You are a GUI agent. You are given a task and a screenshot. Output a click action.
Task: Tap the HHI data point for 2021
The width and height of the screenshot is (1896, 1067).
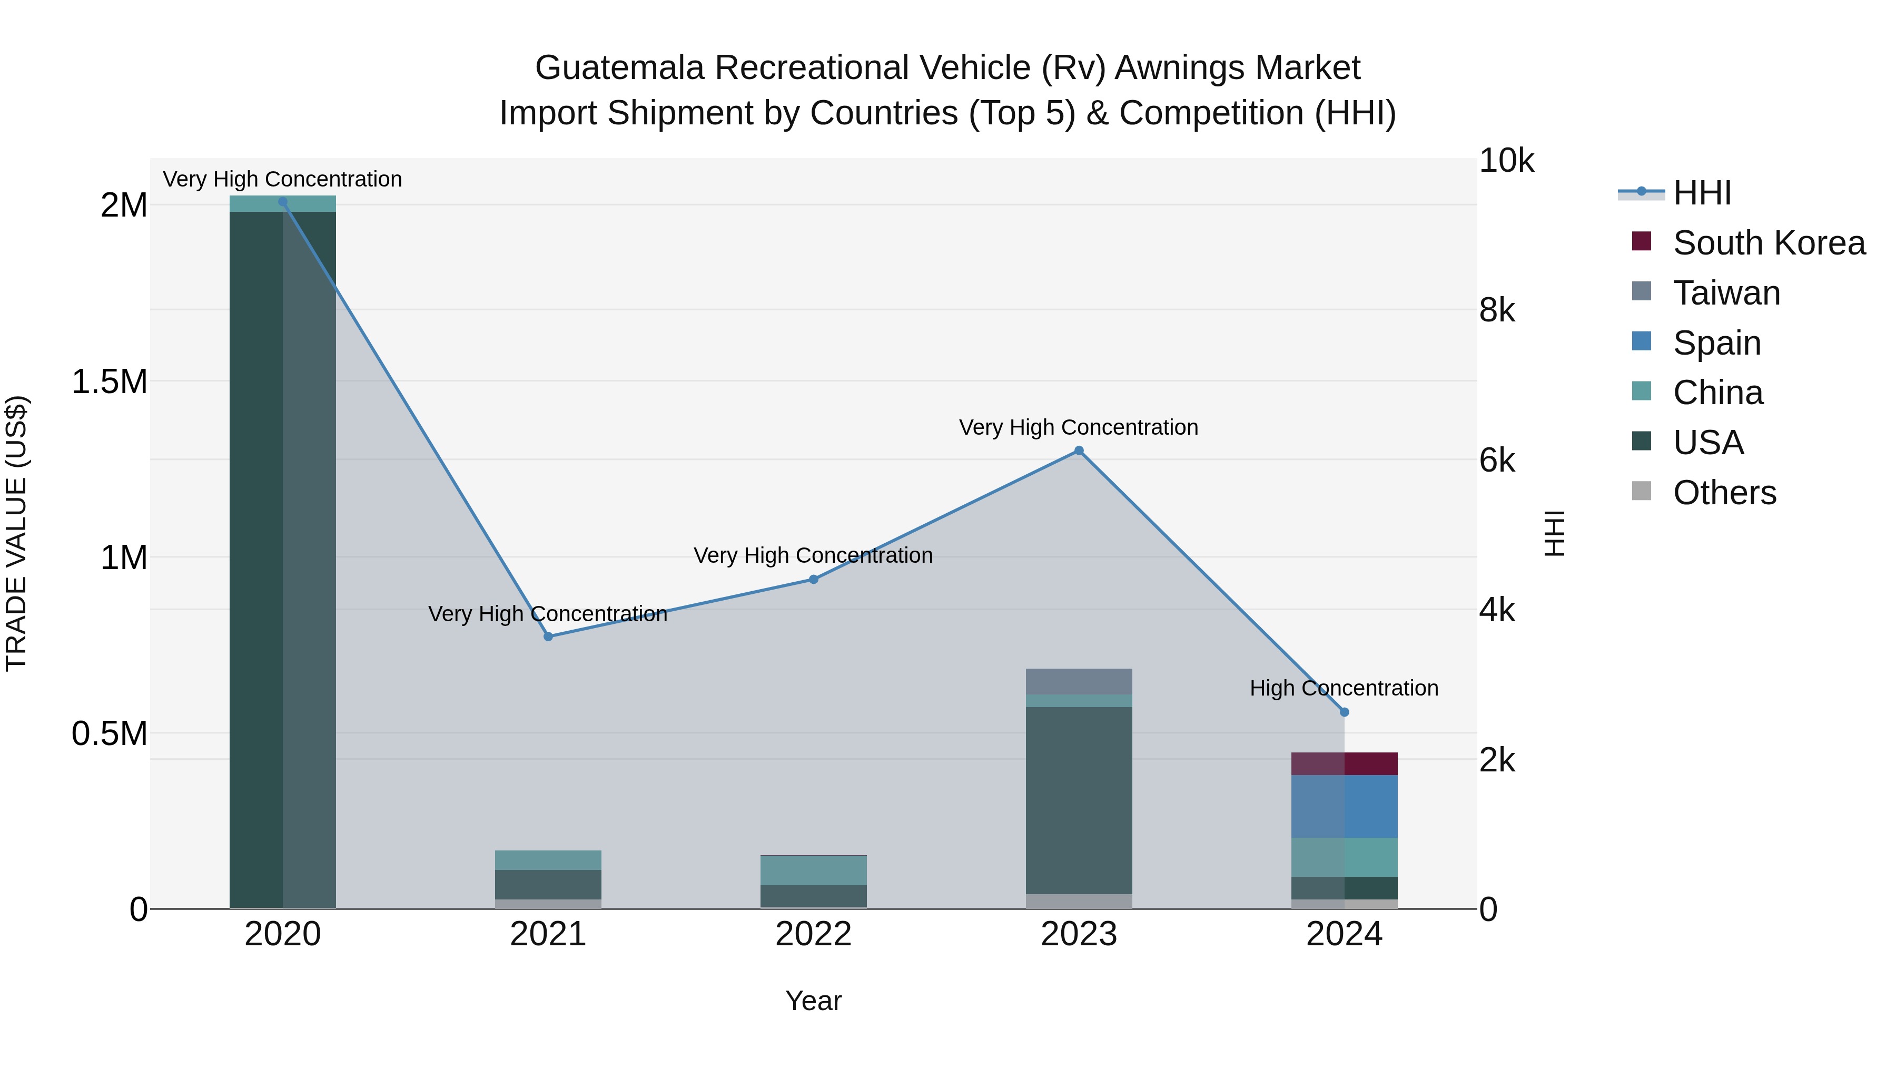548,636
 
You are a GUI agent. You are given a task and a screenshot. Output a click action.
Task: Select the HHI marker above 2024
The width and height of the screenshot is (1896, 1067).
1344,712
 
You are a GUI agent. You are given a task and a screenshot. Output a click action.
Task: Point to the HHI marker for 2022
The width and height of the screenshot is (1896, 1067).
813,580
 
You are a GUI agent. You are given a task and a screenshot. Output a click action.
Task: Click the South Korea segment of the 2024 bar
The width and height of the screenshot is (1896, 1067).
1344,763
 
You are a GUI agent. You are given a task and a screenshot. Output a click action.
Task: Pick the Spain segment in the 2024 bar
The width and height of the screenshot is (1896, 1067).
1344,806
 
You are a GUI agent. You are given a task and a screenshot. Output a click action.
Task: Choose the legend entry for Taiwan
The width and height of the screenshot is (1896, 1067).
1726,293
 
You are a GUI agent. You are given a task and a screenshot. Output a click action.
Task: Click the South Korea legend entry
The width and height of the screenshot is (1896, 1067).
1768,243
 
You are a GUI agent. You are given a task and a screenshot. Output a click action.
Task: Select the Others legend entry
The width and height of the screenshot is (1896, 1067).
1724,493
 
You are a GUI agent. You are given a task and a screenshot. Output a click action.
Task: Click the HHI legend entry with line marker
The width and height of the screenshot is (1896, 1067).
1701,193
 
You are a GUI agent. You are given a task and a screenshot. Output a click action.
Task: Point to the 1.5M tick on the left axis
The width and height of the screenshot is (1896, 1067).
109,382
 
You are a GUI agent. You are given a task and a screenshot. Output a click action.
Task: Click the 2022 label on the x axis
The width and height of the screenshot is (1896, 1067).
813,934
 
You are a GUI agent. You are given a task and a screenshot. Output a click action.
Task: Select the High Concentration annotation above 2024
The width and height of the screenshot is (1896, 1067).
1344,689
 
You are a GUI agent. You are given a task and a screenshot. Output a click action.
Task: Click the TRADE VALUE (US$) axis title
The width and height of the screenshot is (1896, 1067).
16,533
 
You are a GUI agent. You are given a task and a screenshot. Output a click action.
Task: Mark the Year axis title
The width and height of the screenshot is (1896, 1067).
813,1001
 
